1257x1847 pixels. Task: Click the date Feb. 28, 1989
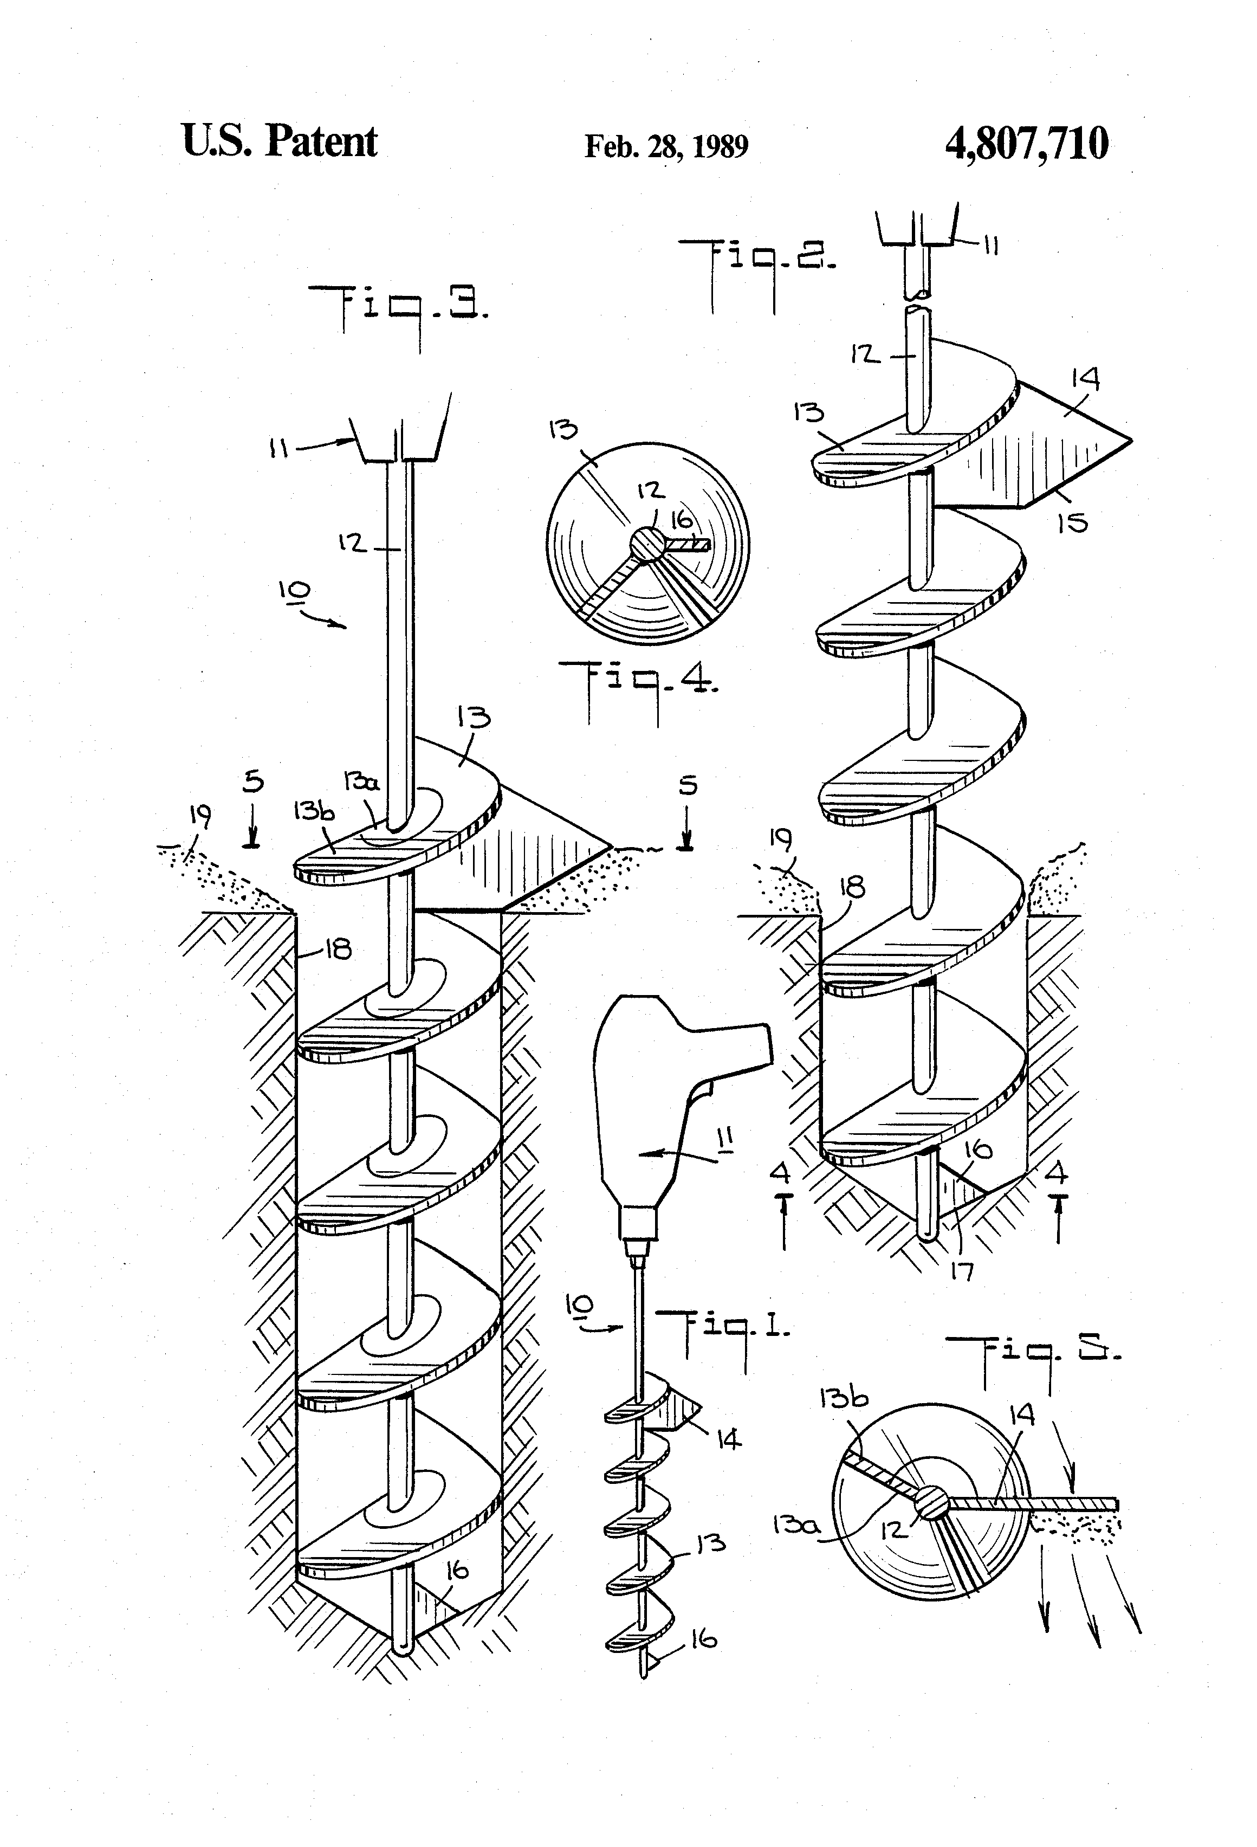click(x=666, y=146)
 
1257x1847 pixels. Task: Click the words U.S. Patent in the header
click(x=280, y=141)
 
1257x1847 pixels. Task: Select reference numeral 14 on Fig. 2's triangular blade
click(x=1085, y=379)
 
